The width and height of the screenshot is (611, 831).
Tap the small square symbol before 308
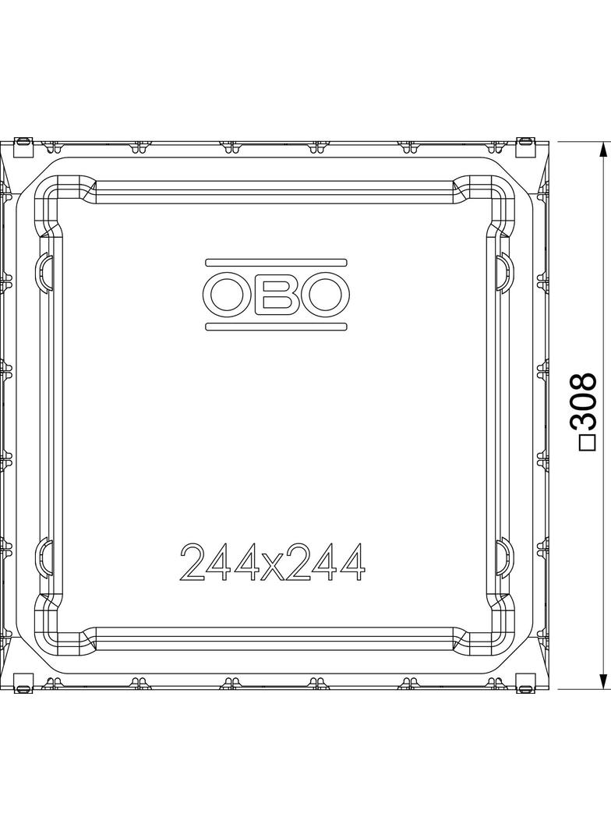point(587,442)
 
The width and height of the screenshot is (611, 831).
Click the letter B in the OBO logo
point(276,295)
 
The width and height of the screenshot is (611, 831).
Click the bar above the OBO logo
point(276,263)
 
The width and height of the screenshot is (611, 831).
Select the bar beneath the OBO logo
point(276,327)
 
